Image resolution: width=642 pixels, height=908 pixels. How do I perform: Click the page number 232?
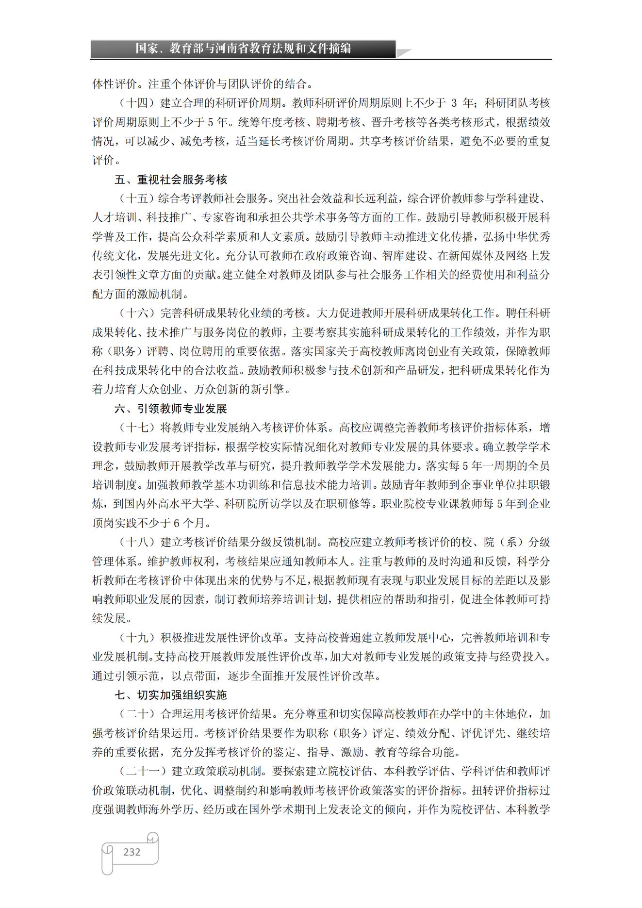[132, 852]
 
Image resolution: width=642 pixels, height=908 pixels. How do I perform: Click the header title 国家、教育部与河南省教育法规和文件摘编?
[243, 49]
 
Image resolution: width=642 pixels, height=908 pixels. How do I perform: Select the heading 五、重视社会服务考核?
[171, 180]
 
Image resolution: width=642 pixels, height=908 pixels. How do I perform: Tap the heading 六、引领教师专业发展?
[171, 409]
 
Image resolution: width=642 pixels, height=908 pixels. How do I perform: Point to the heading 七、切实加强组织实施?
[171, 695]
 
